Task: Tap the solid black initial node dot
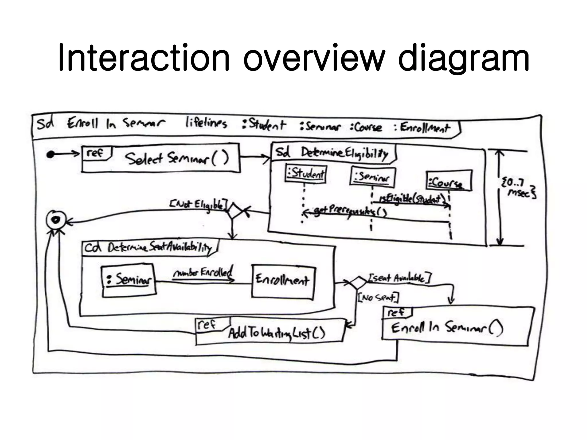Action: coord(50,155)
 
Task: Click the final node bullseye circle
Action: coord(56,220)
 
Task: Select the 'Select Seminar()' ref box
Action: coord(161,158)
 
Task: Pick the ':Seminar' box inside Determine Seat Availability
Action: coord(129,280)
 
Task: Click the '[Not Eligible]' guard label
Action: coord(197,204)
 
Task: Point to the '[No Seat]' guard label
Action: coord(378,298)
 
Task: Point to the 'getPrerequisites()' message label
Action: coord(350,211)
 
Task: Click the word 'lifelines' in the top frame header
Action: coord(206,123)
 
